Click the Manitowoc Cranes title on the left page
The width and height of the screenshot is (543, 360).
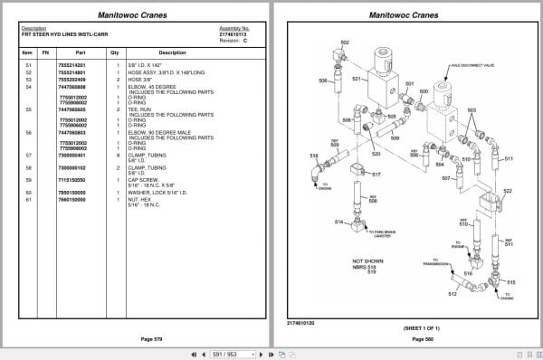136,14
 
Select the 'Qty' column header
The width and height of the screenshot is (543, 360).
115,52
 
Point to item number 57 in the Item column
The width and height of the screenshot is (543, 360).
27,156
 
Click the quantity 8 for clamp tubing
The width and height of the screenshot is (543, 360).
115,156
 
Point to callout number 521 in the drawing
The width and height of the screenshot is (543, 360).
356,79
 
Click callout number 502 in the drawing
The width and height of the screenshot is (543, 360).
345,43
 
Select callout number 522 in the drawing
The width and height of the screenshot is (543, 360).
507,190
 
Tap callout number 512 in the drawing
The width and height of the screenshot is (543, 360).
452,294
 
